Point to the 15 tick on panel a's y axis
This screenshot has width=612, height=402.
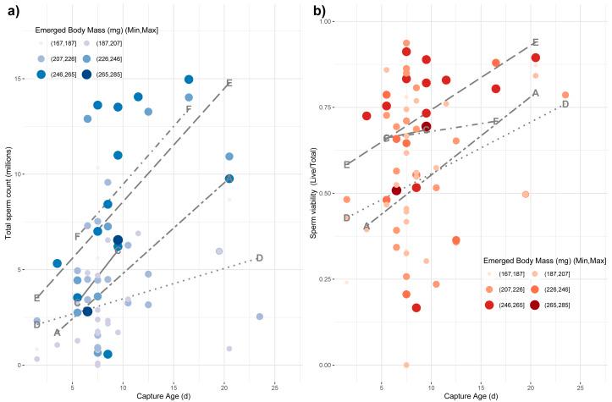[21, 79]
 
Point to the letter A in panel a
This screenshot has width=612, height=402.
[57, 333]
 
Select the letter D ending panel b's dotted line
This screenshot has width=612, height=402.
[565, 104]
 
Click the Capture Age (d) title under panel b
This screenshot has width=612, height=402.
[465, 395]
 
